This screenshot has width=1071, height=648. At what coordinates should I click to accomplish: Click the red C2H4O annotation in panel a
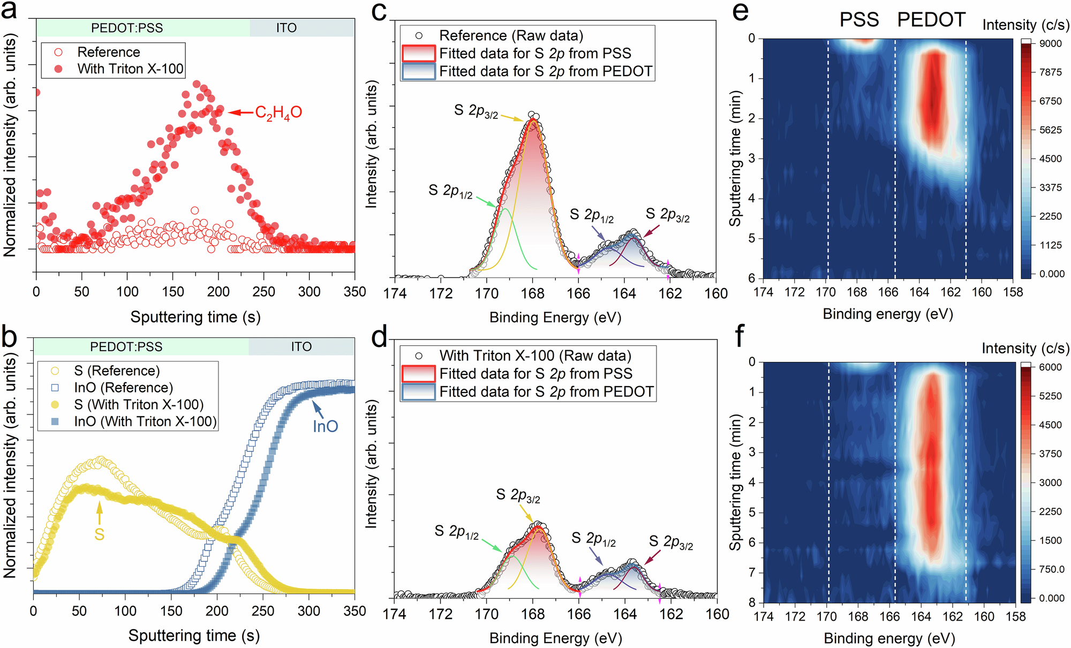(278, 112)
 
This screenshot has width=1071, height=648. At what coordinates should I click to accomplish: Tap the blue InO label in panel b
(326, 426)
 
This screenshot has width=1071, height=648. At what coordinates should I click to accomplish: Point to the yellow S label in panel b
(99, 534)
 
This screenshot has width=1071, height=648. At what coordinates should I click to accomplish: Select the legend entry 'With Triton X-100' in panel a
(130, 69)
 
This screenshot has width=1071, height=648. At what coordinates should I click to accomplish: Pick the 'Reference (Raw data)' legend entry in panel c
(511, 36)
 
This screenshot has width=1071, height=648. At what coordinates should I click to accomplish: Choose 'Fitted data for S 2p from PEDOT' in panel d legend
(546, 392)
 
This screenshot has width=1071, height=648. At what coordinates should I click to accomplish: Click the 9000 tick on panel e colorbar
(1050, 43)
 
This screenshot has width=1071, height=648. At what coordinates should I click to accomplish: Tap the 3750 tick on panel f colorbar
(1050, 454)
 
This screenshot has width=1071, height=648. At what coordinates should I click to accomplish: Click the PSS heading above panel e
(859, 20)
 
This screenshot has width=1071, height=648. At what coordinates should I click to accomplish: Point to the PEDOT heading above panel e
(931, 20)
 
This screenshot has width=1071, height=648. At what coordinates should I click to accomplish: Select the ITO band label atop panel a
(286, 28)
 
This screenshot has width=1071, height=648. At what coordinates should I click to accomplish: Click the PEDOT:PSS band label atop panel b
(126, 347)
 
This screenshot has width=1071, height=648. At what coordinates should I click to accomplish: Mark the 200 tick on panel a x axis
(218, 292)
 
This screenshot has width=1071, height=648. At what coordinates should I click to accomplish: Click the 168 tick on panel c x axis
(533, 293)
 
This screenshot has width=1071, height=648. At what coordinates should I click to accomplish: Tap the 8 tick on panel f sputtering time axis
(752, 602)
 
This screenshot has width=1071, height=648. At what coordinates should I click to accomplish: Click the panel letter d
(379, 338)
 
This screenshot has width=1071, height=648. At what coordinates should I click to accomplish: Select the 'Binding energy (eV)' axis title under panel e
(888, 314)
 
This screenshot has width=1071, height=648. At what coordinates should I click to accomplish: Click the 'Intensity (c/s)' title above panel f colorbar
(1025, 349)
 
